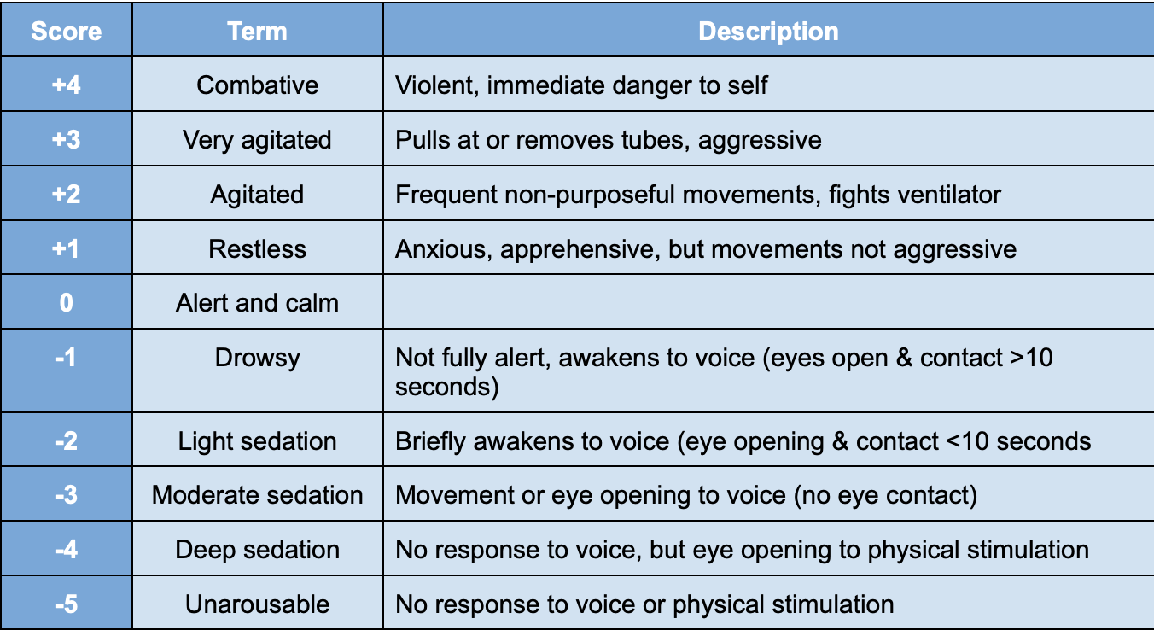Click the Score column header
click(x=66, y=32)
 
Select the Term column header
click(x=257, y=32)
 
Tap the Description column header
click(x=768, y=32)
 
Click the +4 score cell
click(x=66, y=85)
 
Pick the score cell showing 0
click(x=66, y=303)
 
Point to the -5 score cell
click(x=66, y=604)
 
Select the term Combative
click(x=257, y=85)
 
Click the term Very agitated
click(x=257, y=140)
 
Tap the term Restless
click(x=257, y=249)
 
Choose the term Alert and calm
click(x=257, y=303)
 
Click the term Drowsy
click(x=257, y=357)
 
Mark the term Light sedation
click(x=257, y=441)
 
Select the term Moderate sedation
click(x=257, y=495)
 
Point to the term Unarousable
click(x=257, y=604)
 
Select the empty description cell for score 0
click(x=768, y=303)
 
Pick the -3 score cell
click(x=66, y=495)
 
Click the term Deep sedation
click(x=257, y=550)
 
